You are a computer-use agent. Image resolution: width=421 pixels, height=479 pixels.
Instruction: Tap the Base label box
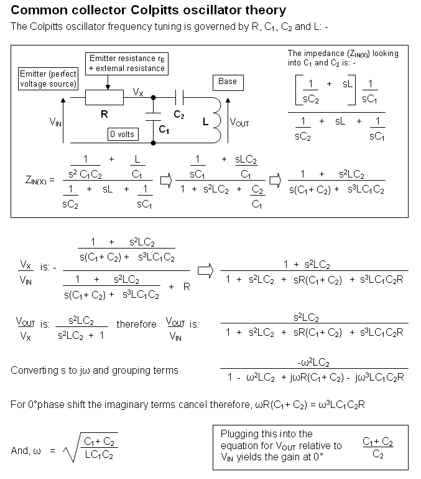click(228, 82)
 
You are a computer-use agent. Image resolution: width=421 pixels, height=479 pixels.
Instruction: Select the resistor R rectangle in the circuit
click(104, 98)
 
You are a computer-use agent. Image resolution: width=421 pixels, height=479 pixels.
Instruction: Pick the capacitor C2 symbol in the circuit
click(180, 98)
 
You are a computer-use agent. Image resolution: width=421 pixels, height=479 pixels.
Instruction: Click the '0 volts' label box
click(122, 134)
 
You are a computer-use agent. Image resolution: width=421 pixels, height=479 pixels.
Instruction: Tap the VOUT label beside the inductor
click(239, 123)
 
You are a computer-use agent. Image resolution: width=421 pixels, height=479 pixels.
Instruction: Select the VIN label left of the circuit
click(55, 123)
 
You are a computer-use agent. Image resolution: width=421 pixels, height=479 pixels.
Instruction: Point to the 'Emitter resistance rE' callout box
click(127, 63)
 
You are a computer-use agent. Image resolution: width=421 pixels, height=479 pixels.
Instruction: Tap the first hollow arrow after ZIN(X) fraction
click(165, 180)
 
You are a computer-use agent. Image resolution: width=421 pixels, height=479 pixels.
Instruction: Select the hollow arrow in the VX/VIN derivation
click(205, 270)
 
